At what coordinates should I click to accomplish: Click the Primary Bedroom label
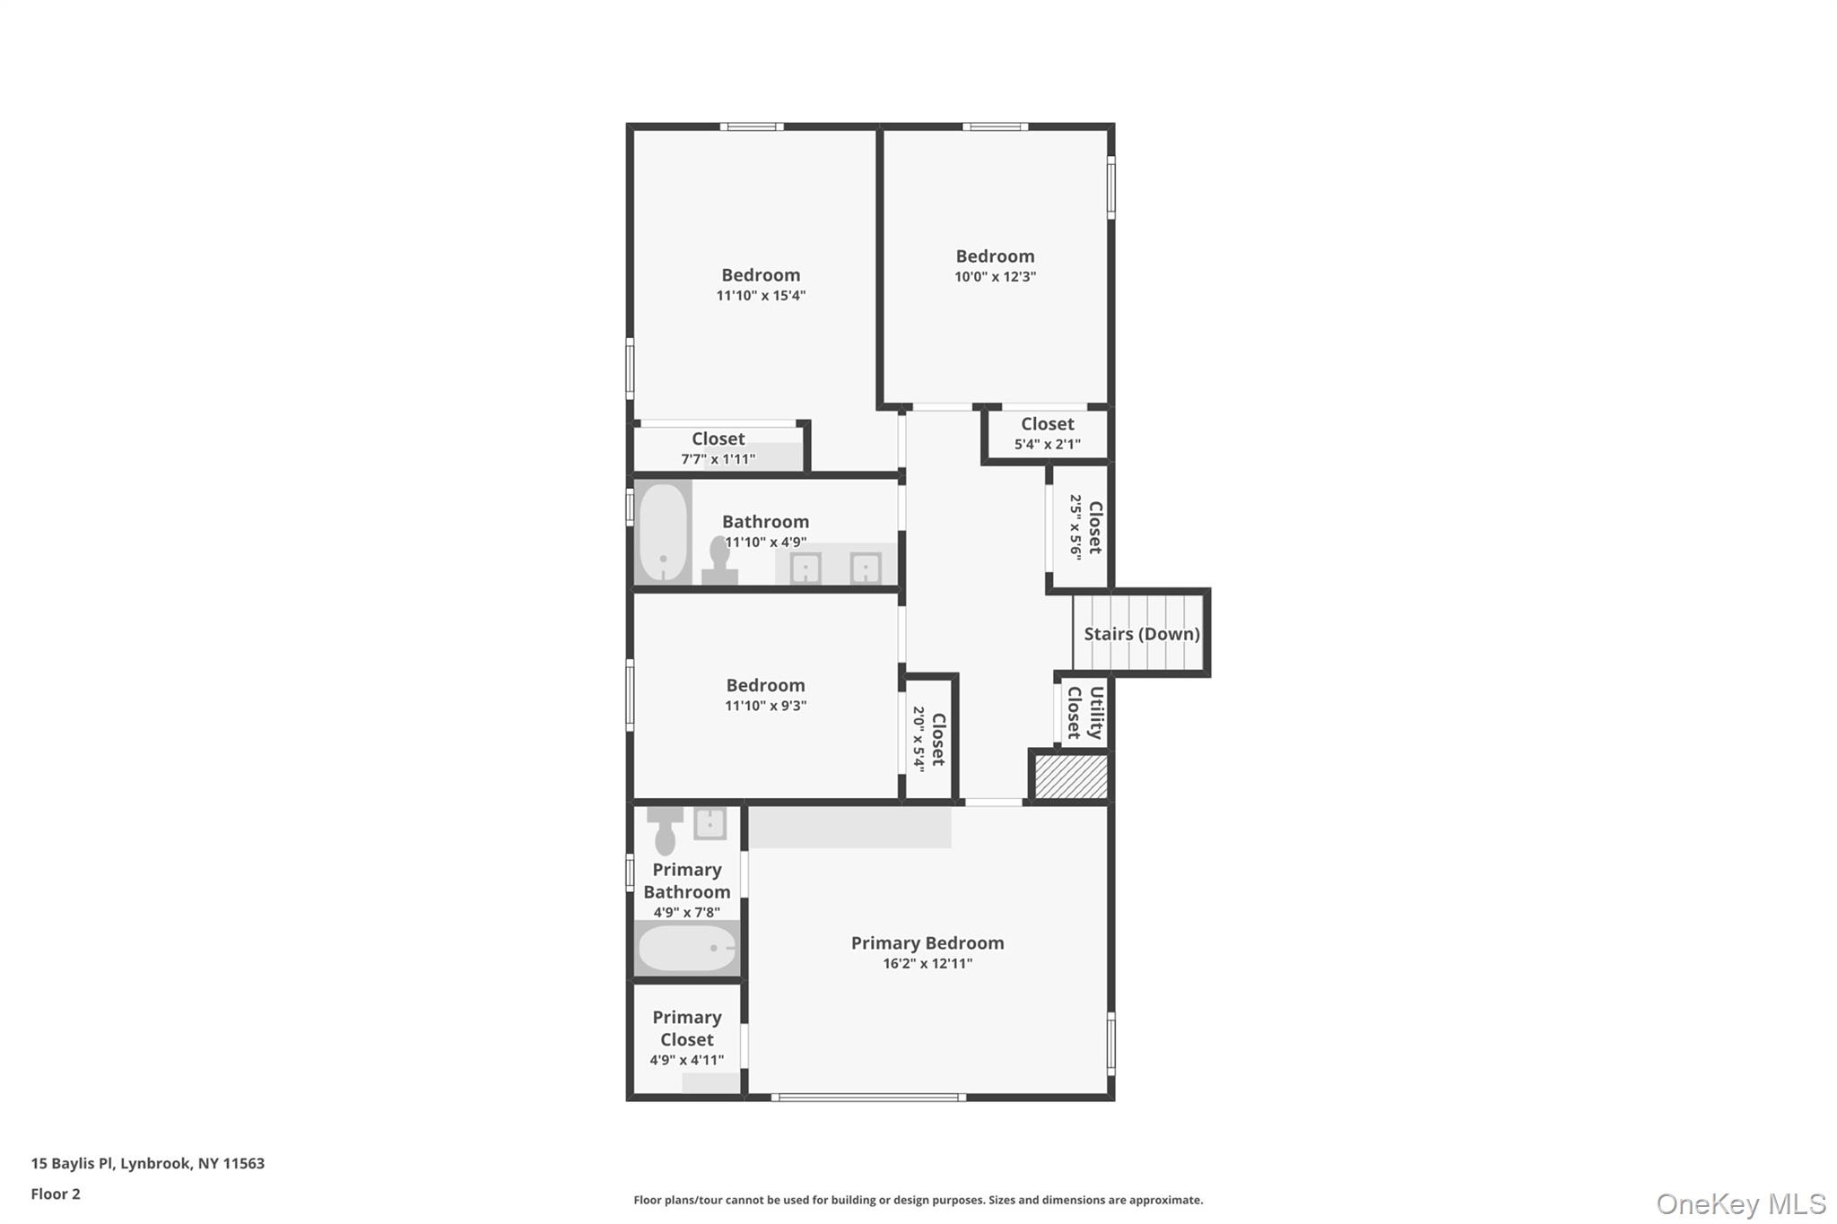pyautogui.click(x=927, y=942)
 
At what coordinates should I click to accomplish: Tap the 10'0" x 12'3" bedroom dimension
pyautogui.click(x=995, y=277)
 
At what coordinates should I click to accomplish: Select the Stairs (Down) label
pyautogui.click(x=1141, y=634)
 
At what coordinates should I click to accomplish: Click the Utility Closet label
pyautogui.click(x=1084, y=713)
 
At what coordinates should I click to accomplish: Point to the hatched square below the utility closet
pyautogui.click(x=1071, y=777)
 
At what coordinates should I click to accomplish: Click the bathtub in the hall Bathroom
pyautogui.click(x=663, y=534)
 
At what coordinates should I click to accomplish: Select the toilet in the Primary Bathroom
pyautogui.click(x=665, y=832)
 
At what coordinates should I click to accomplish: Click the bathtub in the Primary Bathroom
pyautogui.click(x=687, y=949)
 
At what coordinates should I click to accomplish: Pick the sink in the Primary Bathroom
pyautogui.click(x=710, y=823)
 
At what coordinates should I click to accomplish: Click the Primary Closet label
pyautogui.click(x=686, y=1029)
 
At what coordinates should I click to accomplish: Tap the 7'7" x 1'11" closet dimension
pyautogui.click(x=718, y=459)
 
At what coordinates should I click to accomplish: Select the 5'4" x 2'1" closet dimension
pyautogui.click(x=1047, y=444)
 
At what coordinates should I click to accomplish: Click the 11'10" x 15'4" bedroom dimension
pyautogui.click(x=761, y=296)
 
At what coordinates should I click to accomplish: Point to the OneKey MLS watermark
pyautogui.click(x=1740, y=1203)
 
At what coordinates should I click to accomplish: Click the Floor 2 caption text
pyautogui.click(x=56, y=1194)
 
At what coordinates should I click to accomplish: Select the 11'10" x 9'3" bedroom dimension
pyautogui.click(x=765, y=706)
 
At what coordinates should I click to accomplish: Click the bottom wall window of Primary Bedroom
pyautogui.click(x=868, y=1097)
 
